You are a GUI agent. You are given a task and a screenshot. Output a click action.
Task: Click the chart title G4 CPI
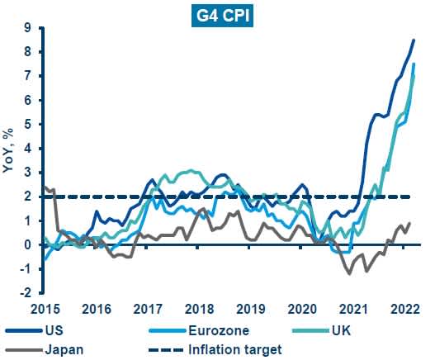[x=218, y=16]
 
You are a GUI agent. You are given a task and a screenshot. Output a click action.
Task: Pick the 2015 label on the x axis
[x=45, y=309]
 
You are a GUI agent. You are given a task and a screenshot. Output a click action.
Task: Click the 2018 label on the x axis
[x=199, y=309]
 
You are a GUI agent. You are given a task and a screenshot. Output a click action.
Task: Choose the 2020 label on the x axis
[x=301, y=309]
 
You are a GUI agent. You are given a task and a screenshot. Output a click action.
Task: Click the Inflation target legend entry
[x=236, y=349]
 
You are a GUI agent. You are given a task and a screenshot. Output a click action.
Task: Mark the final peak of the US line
[x=414, y=40]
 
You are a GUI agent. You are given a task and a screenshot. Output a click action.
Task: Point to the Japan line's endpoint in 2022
[x=410, y=223]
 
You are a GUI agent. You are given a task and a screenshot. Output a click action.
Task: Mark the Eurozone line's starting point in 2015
[x=45, y=259]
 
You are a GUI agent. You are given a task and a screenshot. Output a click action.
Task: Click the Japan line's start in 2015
[x=45, y=187]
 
